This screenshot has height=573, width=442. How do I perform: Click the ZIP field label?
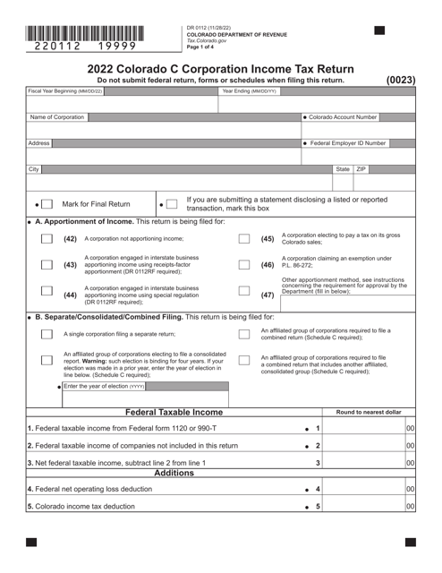tap(361, 168)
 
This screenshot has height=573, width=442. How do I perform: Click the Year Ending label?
tap(249, 91)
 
